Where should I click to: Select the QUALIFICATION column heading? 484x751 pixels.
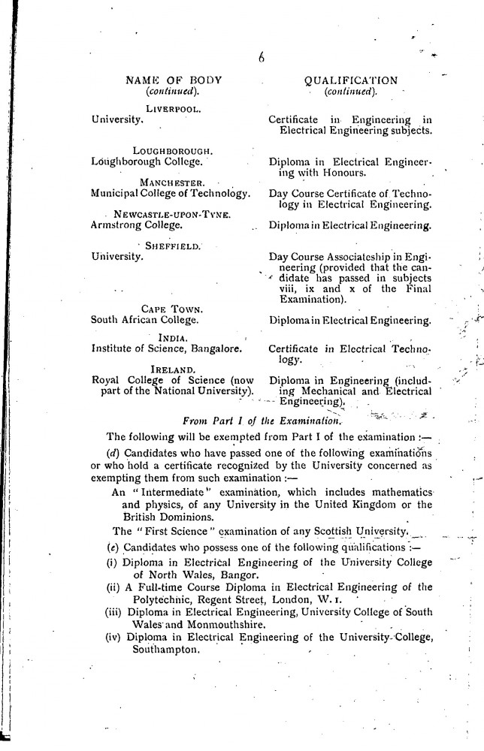[352, 80]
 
